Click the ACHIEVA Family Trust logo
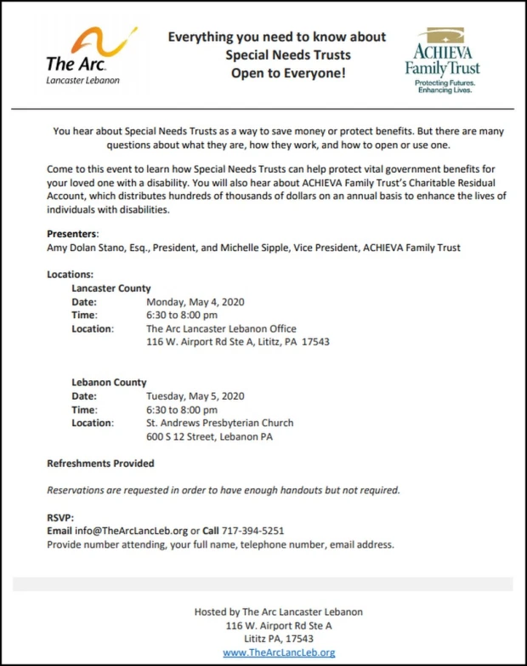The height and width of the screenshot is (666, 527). coord(441,60)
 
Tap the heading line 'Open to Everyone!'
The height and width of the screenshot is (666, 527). coord(276,73)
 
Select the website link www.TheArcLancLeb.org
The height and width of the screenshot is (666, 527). coord(279,652)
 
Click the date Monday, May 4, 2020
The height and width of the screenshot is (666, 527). coord(195,302)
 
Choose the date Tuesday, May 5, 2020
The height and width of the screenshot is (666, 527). coord(195,396)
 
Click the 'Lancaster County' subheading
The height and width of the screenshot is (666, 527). coord(111,288)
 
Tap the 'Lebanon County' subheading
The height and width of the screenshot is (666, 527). coord(109,383)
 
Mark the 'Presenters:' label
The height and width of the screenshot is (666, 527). coord(73,234)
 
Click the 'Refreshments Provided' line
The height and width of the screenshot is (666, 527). coord(100,464)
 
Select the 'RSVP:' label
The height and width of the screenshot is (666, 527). coord(60,517)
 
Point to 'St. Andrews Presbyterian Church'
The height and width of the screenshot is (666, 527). coord(219,423)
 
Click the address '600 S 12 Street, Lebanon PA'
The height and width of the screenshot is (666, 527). coord(209,437)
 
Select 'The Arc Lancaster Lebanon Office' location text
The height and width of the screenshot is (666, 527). coord(221,328)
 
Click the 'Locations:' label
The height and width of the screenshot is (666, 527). coord(71,275)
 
